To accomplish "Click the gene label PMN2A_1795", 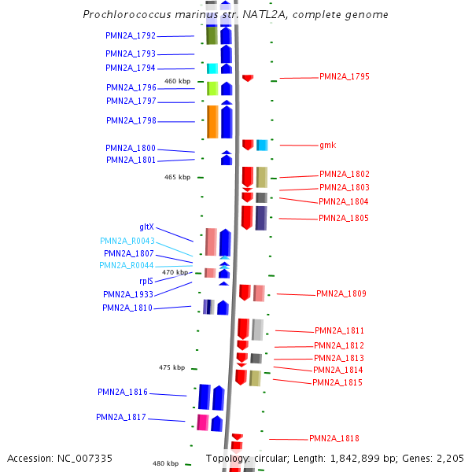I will tap(344, 76).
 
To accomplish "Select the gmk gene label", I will tap(327, 145).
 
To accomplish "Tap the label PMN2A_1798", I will tap(131, 120).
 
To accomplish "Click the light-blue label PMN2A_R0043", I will tap(127, 241).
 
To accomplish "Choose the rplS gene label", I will tap(146, 280).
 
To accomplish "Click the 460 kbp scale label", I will tap(177, 81).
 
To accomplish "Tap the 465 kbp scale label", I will tap(177, 177).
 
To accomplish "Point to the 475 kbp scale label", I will tap(171, 367).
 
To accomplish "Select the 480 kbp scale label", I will tap(165, 463).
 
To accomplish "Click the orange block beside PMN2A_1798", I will tap(212, 121).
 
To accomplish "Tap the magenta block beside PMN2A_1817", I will tap(203, 422).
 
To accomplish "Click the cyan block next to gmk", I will tap(262, 146).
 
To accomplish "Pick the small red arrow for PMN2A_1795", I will tap(248, 78).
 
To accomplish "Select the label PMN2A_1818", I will tap(334, 438).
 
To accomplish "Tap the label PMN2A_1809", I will tap(341, 293).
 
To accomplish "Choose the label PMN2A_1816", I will tap(122, 391).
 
